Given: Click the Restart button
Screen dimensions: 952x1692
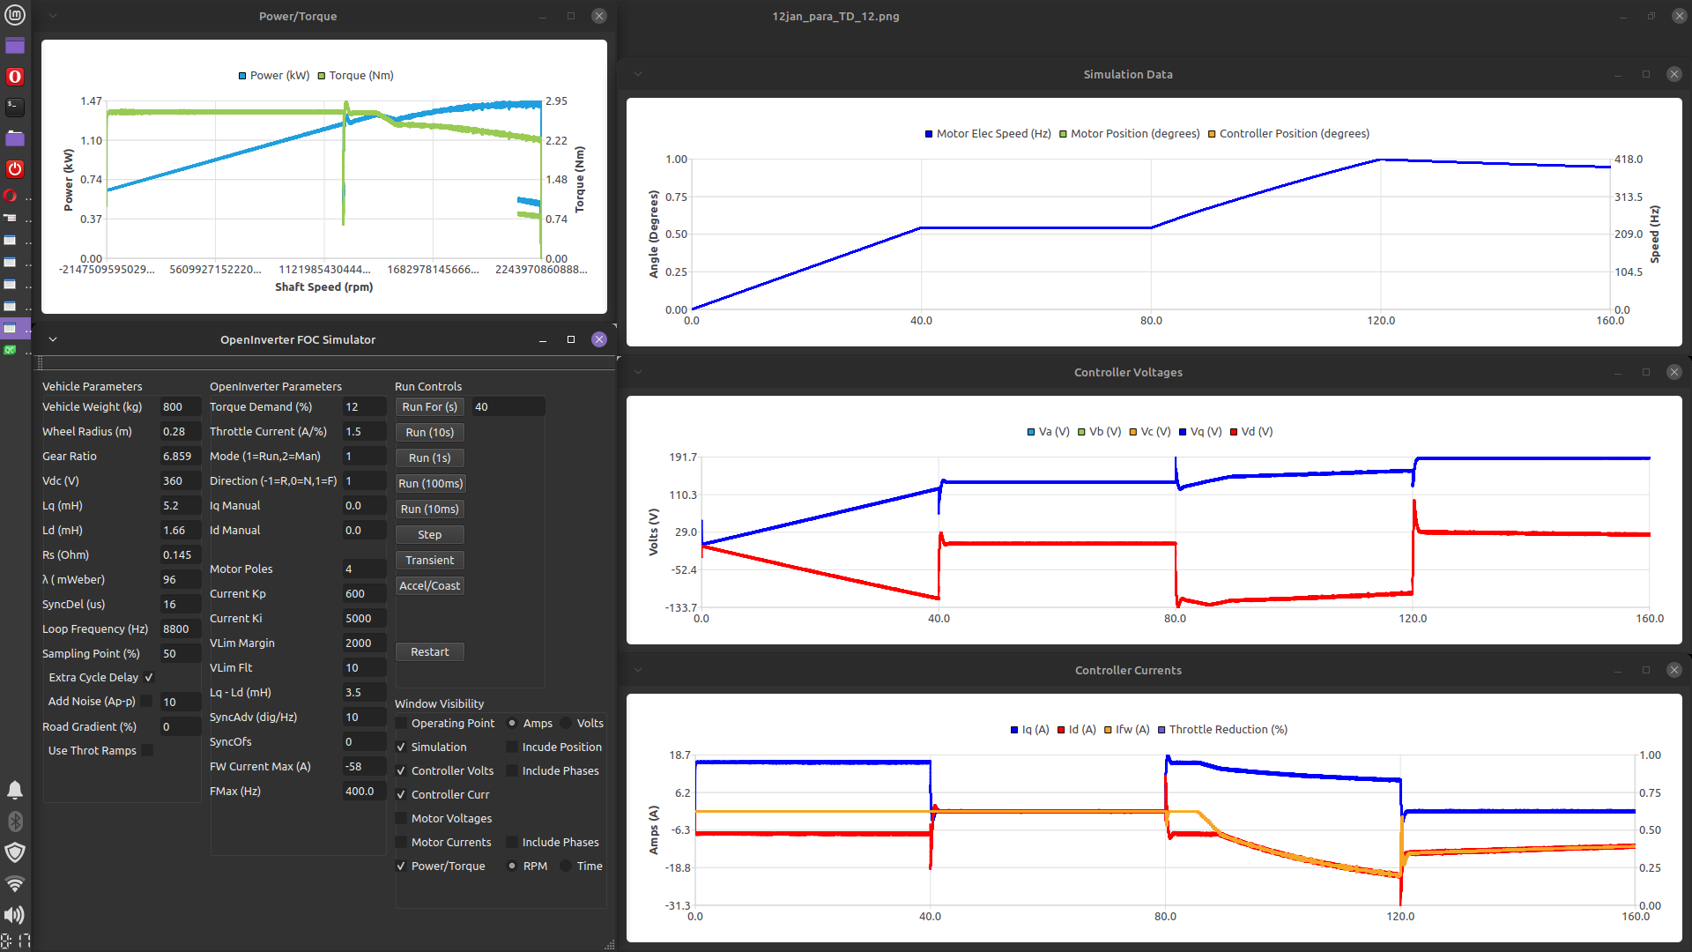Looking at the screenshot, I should tap(429, 652).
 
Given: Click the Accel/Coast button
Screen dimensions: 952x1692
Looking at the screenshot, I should tap(429, 586).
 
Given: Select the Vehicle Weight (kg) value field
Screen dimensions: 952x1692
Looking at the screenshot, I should tap(180, 407).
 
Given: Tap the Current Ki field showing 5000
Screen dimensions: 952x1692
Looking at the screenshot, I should tap(363, 619).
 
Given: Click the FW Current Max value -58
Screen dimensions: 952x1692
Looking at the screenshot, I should tap(363, 767).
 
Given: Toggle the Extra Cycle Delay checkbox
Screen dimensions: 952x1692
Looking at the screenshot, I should tap(149, 678).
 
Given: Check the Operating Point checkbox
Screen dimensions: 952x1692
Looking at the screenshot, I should tap(402, 724).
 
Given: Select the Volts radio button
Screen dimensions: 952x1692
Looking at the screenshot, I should tap(567, 724).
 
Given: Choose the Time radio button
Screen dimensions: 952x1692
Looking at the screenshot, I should tap(567, 866).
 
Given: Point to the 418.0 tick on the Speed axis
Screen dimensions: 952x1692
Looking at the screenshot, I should tap(1629, 160).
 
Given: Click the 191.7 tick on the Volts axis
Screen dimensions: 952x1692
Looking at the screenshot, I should tap(683, 457).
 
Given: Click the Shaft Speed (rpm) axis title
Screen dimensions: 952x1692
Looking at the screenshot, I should tap(323, 287).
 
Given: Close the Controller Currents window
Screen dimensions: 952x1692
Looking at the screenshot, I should tap(1674, 671).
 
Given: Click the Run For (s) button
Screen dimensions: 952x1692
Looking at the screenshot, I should tap(429, 407).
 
